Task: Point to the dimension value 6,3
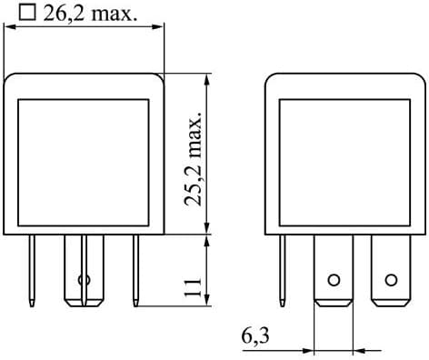255,337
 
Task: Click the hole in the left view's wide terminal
85,279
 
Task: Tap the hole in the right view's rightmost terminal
391,279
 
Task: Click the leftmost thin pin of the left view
34,268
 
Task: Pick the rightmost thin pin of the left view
135,268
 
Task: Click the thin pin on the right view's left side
285,268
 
